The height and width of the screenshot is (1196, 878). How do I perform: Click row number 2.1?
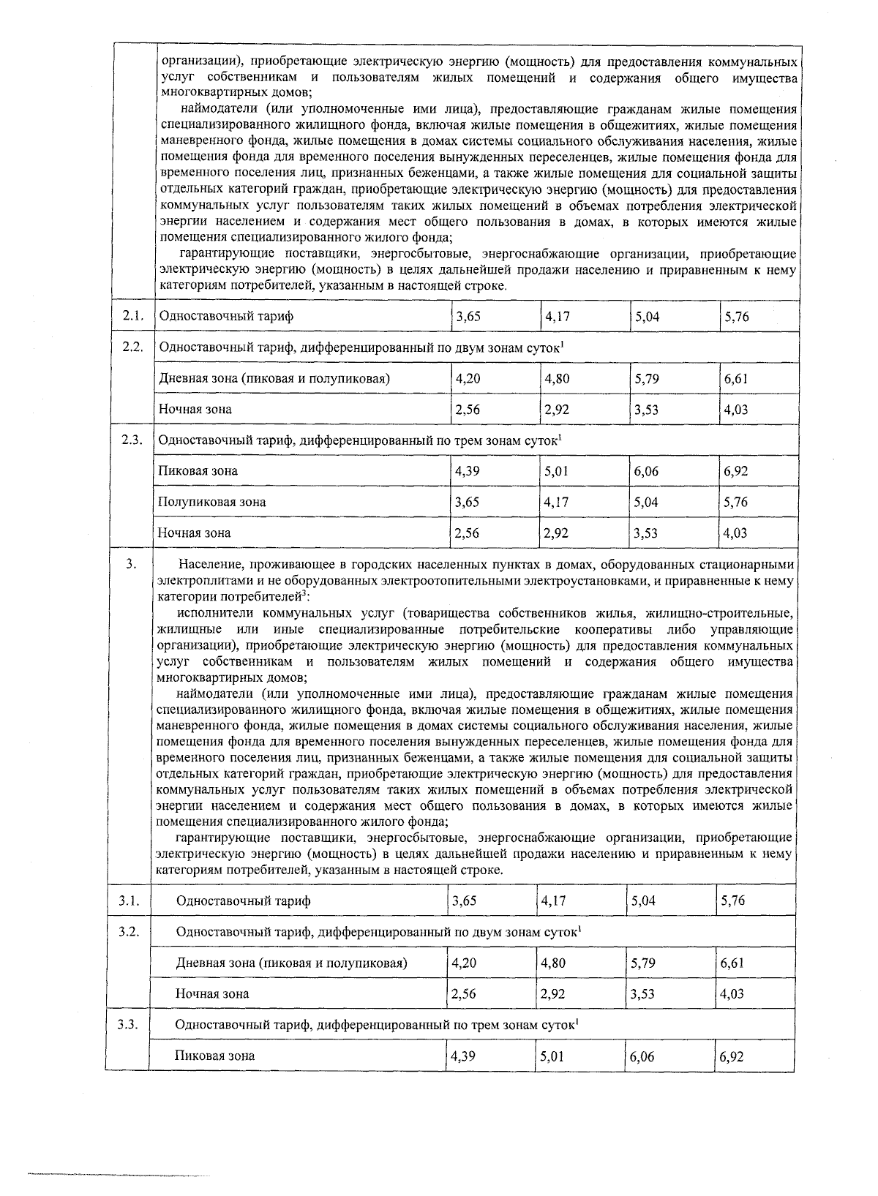(x=132, y=316)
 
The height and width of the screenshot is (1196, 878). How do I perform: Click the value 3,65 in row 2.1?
(x=468, y=317)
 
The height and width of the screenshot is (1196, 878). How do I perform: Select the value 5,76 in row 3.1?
(x=732, y=900)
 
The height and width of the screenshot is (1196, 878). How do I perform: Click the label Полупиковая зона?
(x=212, y=502)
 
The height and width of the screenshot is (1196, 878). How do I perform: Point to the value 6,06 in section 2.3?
(x=646, y=471)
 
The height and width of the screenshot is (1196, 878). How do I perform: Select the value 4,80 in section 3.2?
(x=552, y=963)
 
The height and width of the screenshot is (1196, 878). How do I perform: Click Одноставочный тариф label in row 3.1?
(x=243, y=900)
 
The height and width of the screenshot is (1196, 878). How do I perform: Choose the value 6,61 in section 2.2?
(x=736, y=379)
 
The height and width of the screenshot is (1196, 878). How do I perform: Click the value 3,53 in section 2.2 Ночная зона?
(x=646, y=410)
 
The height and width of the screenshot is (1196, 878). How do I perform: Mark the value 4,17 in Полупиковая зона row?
(x=556, y=502)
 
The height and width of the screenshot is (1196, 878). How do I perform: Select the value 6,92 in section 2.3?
(x=736, y=471)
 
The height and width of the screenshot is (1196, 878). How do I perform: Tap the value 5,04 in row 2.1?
(x=646, y=317)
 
